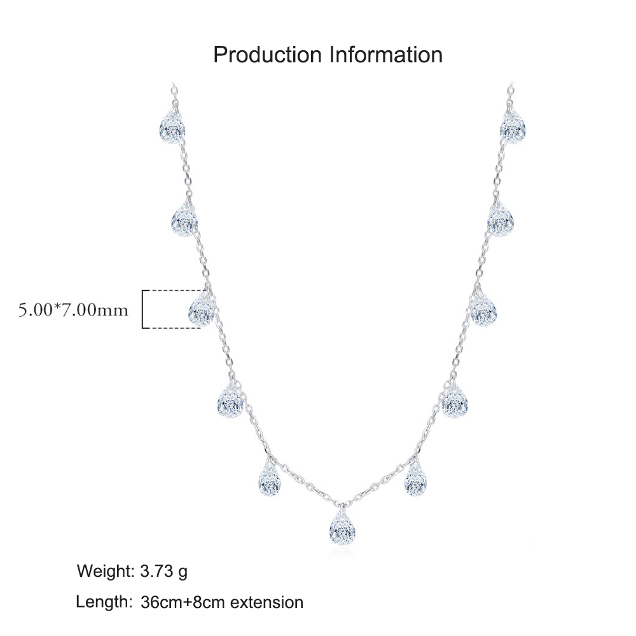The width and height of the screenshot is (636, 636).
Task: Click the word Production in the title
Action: tap(267, 55)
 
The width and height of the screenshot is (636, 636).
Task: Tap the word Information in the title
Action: tap(386, 55)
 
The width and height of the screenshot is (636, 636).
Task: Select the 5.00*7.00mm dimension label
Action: tap(73, 310)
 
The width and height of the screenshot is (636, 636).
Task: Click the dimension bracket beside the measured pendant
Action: tap(142, 309)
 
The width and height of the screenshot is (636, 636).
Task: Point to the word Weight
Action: tap(106, 571)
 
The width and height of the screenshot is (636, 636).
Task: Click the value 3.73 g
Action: tap(164, 572)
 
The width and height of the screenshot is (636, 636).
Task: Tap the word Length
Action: tap(104, 602)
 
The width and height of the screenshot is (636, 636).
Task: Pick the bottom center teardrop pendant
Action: tap(342, 527)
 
